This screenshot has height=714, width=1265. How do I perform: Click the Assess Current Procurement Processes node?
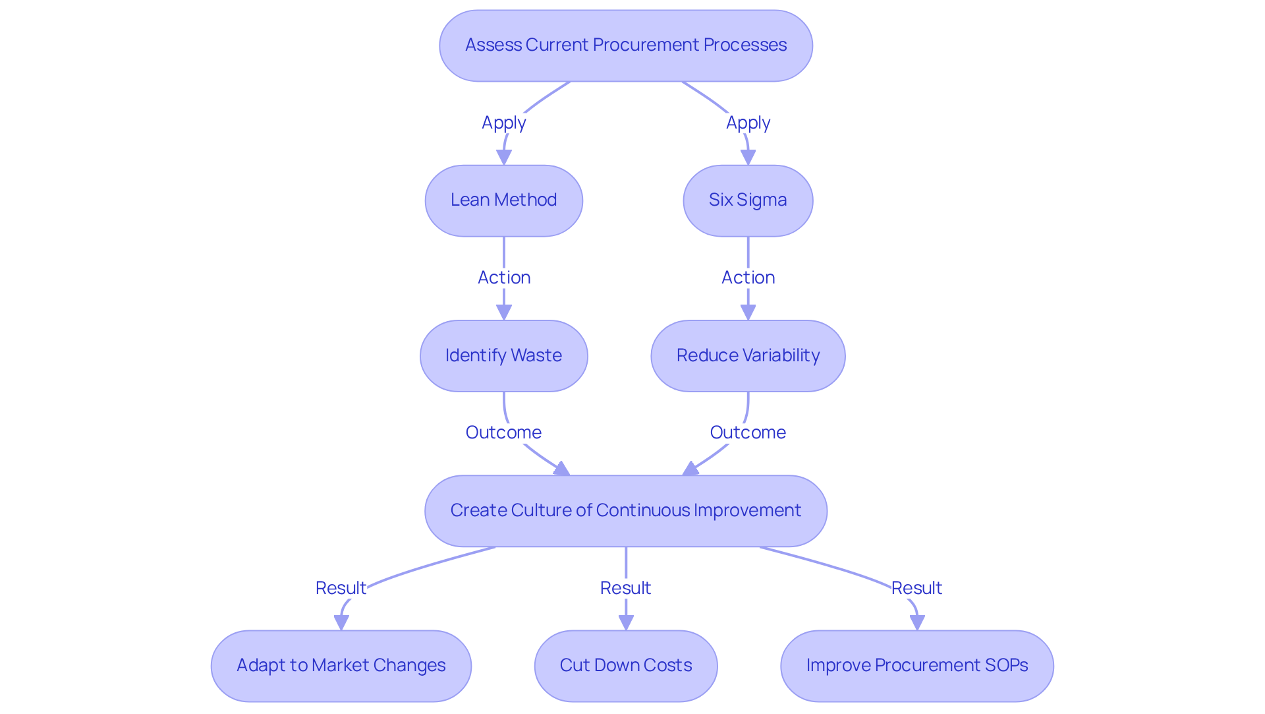(625, 45)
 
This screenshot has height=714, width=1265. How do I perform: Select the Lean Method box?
(503, 200)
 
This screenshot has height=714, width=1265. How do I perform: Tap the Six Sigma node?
(748, 200)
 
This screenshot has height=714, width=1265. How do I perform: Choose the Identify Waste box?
(503, 356)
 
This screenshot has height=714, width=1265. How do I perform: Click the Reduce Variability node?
(748, 356)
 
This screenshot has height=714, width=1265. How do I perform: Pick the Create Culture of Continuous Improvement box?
(625, 511)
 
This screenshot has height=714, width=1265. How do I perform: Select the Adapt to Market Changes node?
(341, 666)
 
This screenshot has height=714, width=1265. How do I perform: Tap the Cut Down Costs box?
(625, 666)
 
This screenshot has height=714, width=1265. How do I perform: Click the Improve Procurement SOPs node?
(916, 666)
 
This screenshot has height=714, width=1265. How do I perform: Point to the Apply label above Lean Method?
(503, 123)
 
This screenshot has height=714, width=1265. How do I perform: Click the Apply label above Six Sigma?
(748, 123)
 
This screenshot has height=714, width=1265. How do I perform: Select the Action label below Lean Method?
(503, 278)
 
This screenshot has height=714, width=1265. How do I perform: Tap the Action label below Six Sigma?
(748, 278)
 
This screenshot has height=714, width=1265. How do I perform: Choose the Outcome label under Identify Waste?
(503, 432)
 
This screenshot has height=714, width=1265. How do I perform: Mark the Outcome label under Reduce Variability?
(748, 432)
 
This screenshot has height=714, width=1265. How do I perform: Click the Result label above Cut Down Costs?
(625, 588)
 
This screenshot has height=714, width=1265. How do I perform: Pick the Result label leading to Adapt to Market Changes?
(341, 588)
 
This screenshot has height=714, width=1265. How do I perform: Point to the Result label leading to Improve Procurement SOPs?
(916, 588)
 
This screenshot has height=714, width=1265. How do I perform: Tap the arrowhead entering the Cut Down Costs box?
(625, 622)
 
